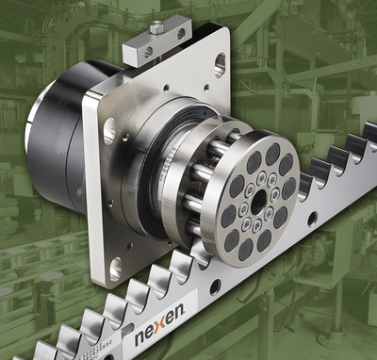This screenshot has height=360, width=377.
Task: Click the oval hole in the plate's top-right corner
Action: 220,64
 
